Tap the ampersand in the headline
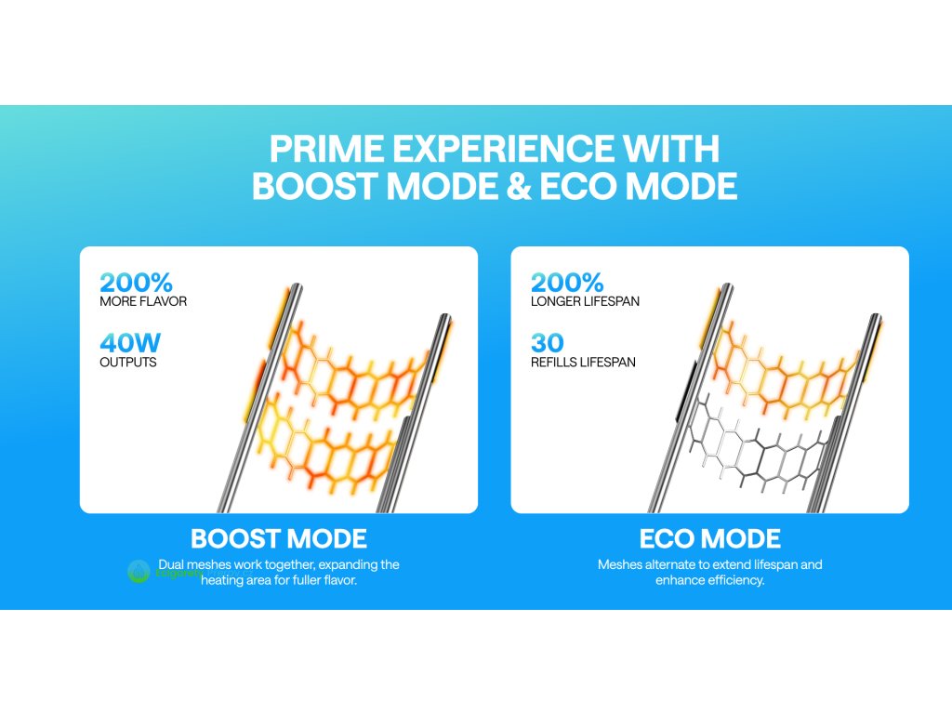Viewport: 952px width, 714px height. [517, 186]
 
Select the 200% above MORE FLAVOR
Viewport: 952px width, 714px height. [136, 283]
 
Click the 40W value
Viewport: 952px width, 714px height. [130, 342]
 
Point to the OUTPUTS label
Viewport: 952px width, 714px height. [128, 362]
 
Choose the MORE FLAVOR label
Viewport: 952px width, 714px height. [143, 301]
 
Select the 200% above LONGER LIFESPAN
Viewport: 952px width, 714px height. [567, 283]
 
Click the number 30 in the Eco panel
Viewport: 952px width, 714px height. [547, 342]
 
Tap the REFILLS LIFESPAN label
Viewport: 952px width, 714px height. [583, 362]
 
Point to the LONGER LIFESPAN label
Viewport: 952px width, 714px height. [585, 301]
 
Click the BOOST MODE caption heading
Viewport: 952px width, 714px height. [279, 538]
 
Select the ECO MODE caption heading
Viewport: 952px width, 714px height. [709, 538]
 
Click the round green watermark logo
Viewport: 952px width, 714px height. [139, 572]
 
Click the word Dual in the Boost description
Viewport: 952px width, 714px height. [171, 564]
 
